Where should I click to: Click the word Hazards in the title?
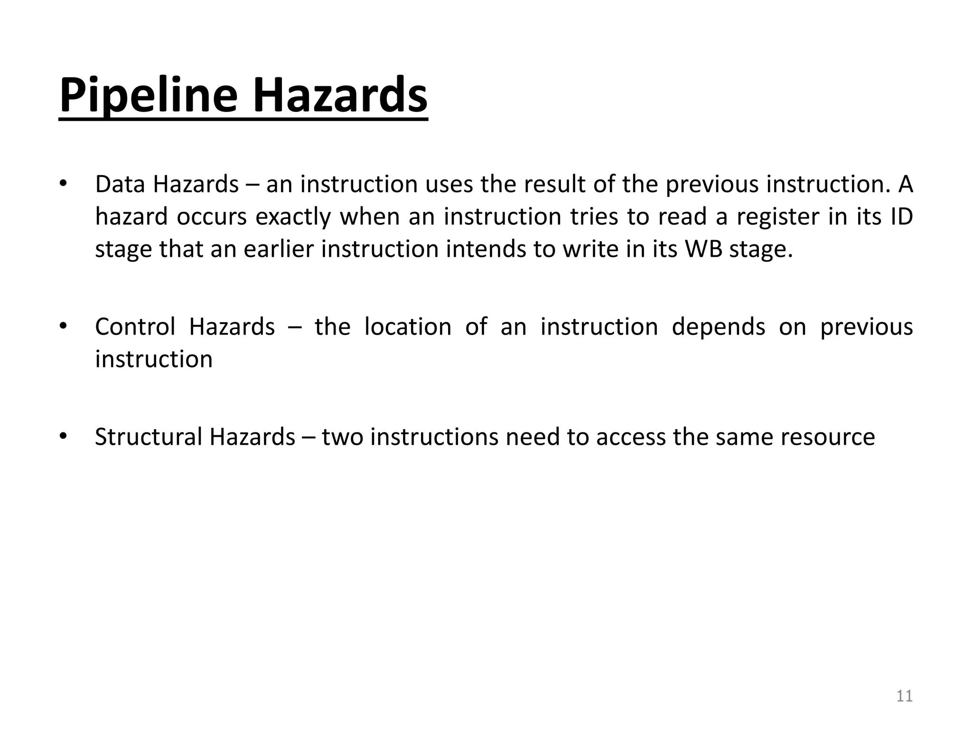(x=340, y=96)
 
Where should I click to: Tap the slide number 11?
(x=904, y=696)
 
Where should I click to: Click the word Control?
(x=135, y=327)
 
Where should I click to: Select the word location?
(x=408, y=327)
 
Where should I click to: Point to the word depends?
(x=719, y=327)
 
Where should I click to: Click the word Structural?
(x=148, y=437)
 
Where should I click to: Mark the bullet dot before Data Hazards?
(x=63, y=184)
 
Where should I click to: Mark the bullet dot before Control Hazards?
(x=63, y=327)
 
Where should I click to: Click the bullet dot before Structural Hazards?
(x=63, y=437)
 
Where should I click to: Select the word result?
(x=555, y=184)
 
